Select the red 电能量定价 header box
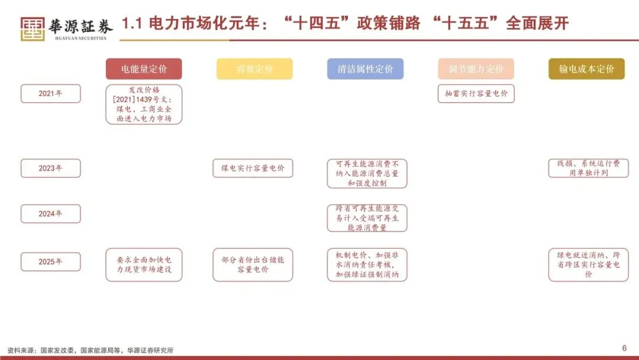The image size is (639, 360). click(144, 69)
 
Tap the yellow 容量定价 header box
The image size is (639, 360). click(254, 69)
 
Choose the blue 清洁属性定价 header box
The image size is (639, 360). click(365, 69)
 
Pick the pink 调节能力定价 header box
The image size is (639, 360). click(476, 69)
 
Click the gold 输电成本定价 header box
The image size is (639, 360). click(586, 69)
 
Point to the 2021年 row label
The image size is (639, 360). click(50, 94)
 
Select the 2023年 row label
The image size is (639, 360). click(50, 168)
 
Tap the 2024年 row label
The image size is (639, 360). click(50, 214)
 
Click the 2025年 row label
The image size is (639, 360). click(50, 262)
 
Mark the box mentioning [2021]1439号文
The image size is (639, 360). click(144, 104)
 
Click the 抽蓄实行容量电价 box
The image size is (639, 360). click(476, 94)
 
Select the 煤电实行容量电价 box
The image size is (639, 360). click(253, 168)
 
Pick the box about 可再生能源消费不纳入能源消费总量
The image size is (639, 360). click(367, 173)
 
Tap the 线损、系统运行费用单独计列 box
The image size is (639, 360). click(588, 168)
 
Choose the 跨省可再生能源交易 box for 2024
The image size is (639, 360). click(367, 218)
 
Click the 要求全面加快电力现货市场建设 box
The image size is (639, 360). click(144, 265)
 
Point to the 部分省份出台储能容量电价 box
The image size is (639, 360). click(253, 265)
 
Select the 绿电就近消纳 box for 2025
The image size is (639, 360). click(588, 265)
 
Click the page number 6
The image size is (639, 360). click(624, 348)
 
